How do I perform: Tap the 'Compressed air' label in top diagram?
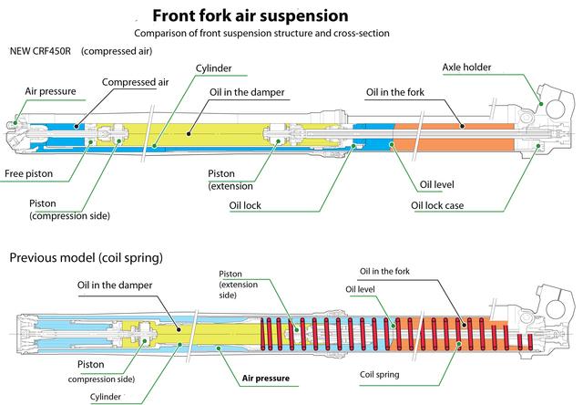pyautogui.click(x=132, y=82)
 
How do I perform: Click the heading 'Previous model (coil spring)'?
pyautogui.click(x=86, y=258)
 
